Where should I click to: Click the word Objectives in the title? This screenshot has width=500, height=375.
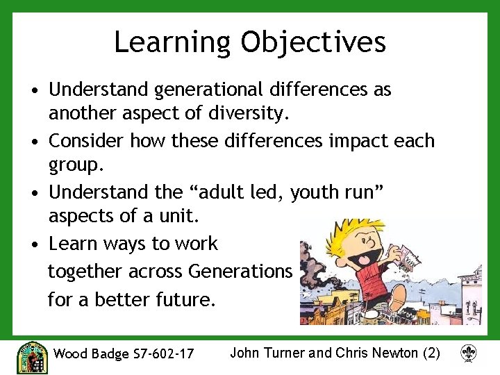click(x=313, y=42)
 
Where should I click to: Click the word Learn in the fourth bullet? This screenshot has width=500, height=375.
click(x=73, y=244)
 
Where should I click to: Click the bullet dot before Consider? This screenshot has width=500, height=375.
click(x=35, y=142)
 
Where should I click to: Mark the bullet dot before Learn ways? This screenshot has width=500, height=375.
click(x=35, y=244)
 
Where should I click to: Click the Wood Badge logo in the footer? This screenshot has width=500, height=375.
click(x=31, y=356)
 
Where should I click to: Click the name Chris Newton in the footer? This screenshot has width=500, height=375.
click(x=377, y=353)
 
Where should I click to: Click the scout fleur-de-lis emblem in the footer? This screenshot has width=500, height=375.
click(x=469, y=354)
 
